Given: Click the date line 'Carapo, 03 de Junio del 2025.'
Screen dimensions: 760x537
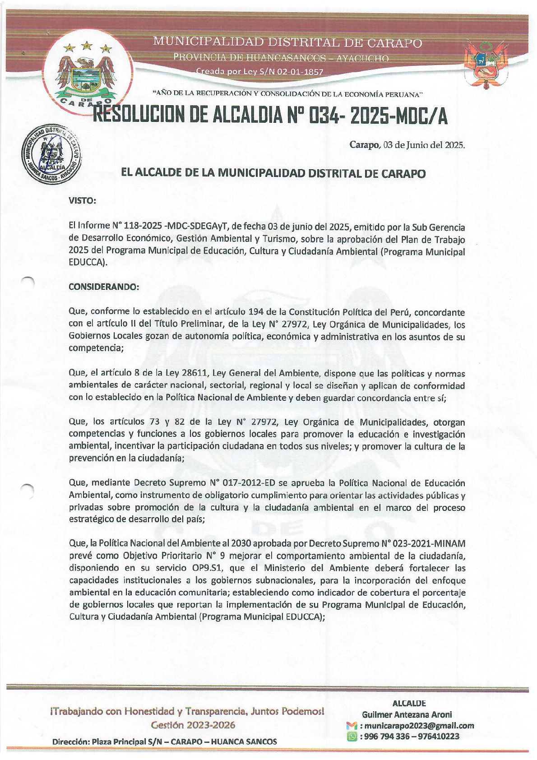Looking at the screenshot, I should (407, 145).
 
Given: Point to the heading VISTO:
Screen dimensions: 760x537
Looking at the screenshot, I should (82, 201).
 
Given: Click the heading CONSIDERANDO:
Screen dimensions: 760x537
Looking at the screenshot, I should (104, 287).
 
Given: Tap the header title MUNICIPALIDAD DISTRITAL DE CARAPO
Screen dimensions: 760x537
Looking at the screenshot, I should (287, 43).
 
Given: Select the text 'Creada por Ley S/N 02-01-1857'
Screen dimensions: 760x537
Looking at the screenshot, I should (259, 72).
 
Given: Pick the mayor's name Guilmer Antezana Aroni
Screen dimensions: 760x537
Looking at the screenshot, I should (407, 714).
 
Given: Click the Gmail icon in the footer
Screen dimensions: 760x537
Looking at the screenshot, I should (352, 726).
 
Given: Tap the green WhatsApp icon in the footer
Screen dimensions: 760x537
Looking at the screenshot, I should (352, 737).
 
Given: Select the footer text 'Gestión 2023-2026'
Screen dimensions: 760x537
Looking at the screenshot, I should (193, 725).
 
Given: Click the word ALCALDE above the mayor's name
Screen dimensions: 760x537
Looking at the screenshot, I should (409, 703).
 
